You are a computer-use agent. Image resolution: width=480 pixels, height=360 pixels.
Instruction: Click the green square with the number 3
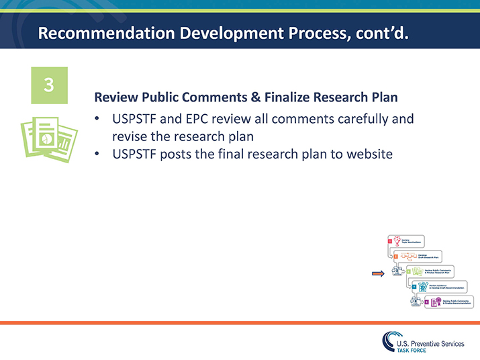49,85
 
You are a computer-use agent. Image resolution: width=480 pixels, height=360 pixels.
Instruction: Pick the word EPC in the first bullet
203,120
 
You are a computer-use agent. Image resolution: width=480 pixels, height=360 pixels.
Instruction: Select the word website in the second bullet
369,154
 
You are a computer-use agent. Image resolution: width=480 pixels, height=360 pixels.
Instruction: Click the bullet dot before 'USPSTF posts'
97,154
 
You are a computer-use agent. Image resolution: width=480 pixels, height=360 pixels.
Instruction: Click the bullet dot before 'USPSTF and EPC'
97,120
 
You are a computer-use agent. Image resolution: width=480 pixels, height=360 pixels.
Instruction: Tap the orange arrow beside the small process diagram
379,273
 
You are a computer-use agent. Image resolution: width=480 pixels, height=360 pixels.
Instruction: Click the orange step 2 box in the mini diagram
396,256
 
